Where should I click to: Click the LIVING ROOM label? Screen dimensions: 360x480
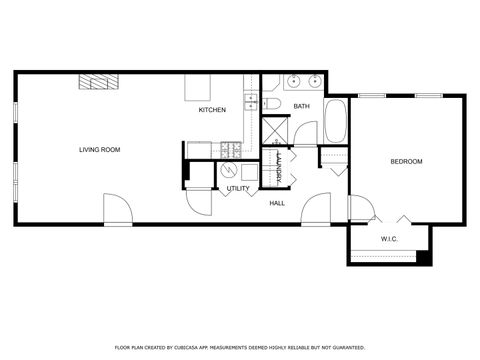click(100, 150)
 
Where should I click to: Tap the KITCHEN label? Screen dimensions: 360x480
click(212, 110)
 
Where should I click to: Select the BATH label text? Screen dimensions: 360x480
click(301, 106)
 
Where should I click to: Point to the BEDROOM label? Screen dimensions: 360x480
click(405, 162)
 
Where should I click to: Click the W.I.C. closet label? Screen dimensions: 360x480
click(389, 239)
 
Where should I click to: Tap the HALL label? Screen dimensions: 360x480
click(278, 203)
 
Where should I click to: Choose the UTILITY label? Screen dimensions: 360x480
click(238, 188)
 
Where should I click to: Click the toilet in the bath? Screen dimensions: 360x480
click(271, 104)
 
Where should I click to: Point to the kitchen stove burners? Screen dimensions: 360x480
click(229, 150)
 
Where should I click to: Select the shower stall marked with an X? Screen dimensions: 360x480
click(275, 131)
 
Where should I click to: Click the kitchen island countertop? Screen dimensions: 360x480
click(194, 88)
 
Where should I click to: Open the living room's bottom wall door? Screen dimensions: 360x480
click(118, 212)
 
